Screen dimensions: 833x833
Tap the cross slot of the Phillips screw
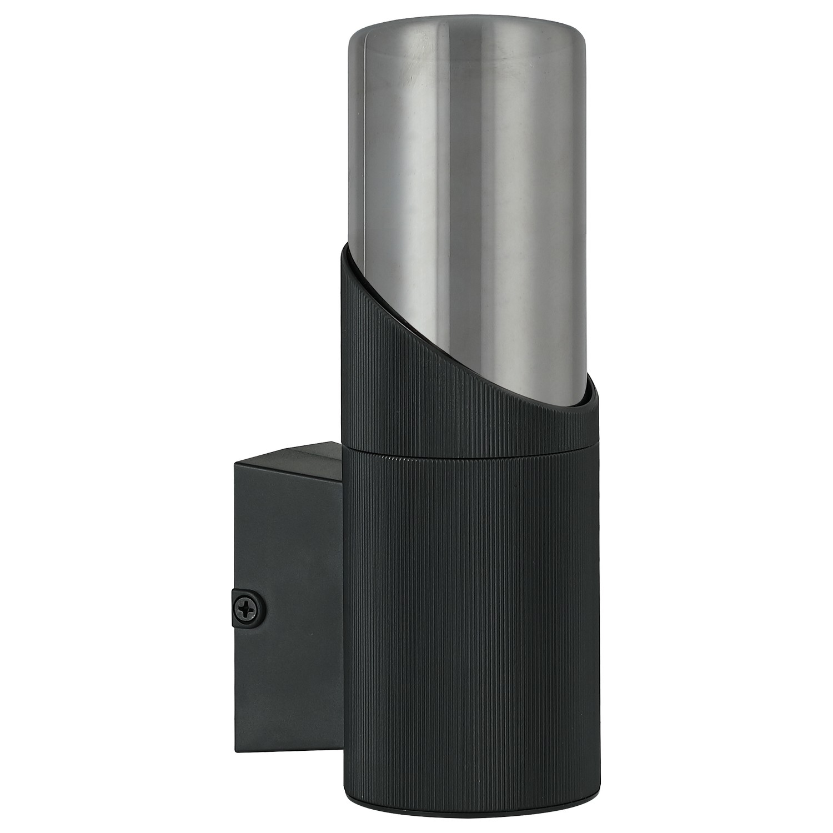tap(247, 611)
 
